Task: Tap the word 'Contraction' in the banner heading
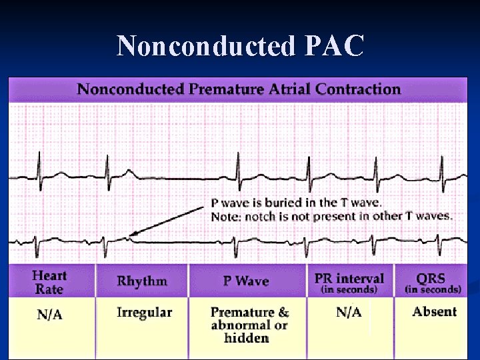coord(358,89)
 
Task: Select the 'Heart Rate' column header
coord(49,282)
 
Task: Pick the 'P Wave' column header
coord(246,281)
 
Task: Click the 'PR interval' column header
coord(349,278)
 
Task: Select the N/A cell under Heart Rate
coord(49,315)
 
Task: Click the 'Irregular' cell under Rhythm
coord(144,312)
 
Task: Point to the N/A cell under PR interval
coord(349,312)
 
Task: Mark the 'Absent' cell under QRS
coord(435,311)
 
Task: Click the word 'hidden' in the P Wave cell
coord(247,338)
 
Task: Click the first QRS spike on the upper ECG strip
coord(39,163)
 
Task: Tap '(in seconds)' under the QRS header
coord(433,290)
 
